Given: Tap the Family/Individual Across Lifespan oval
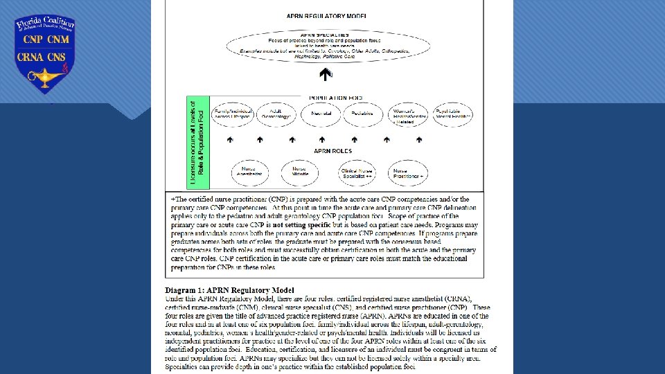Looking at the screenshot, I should pyautogui.click(x=232, y=114).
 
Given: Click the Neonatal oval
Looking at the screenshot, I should pyautogui.click(x=321, y=114).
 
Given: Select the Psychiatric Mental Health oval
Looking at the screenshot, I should pyautogui.click(x=452, y=114).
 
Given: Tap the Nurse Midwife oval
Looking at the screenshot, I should pyautogui.click(x=299, y=172).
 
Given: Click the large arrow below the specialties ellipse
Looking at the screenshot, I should pyautogui.click(x=323, y=73).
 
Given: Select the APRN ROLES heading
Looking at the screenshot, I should pyautogui.click(x=332, y=150).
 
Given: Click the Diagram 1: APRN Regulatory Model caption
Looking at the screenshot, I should pyautogui.click(x=219, y=289).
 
